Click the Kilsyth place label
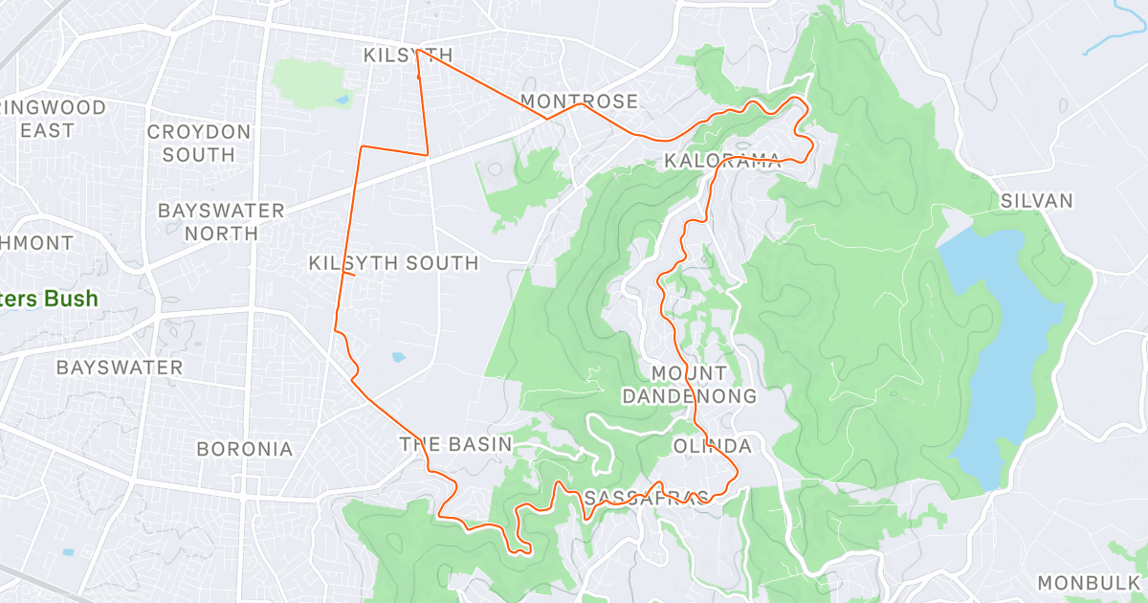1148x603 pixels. point(408,56)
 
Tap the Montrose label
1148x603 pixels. point(579,101)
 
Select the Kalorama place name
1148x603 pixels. point(722,162)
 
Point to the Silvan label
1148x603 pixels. point(1037,201)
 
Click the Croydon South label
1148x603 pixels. point(199,144)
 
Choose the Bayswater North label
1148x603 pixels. point(221,221)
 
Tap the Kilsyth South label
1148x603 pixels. point(393,263)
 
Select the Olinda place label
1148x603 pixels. point(712,446)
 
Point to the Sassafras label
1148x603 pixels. point(646,498)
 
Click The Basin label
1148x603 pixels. point(455,444)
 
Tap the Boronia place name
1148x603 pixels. point(244,448)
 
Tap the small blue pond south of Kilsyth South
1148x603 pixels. point(398,357)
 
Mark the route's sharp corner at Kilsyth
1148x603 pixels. point(417,51)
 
